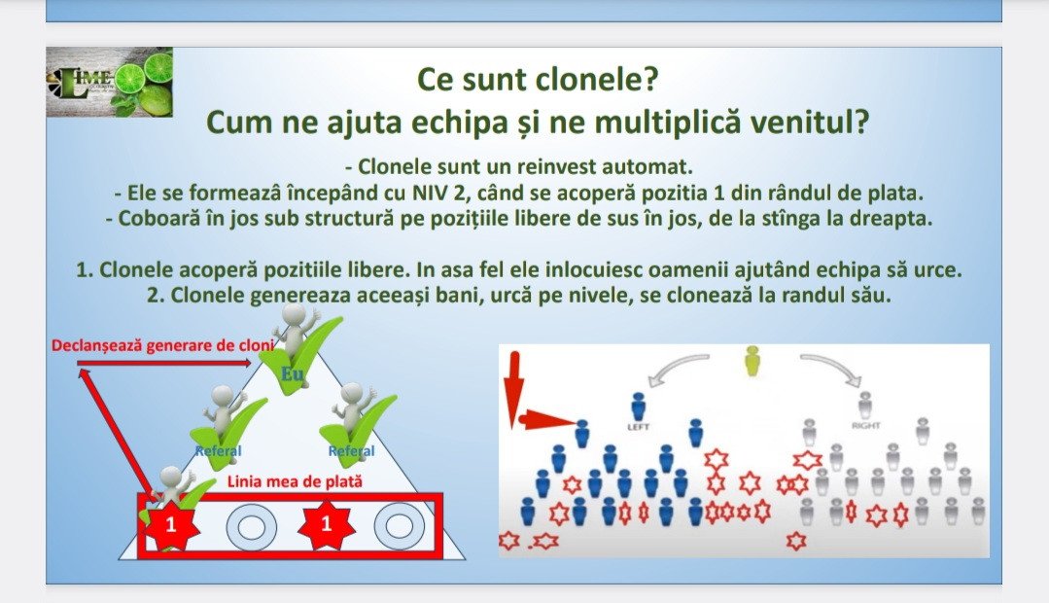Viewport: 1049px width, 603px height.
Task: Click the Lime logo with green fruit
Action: (x=110, y=83)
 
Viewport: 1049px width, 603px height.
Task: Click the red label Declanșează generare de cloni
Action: (x=162, y=345)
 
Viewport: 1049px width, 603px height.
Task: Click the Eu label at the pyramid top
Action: (x=293, y=373)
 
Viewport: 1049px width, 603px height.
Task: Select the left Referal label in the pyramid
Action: (x=218, y=450)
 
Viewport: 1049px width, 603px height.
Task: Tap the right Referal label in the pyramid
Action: (x=351, y=450)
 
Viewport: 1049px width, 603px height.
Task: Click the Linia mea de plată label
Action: (x=295, y=481)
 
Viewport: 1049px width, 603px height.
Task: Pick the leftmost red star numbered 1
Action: (x=170, y=524)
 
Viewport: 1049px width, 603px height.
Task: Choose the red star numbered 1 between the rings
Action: (x=327, y=524)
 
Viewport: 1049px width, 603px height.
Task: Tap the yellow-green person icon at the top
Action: (x=752, y=360)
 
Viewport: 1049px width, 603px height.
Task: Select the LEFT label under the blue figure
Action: (x=638, y=426)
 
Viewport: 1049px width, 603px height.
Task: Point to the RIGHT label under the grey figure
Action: (x=865, y=425)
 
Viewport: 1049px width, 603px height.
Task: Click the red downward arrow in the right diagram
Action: (x=513, y=388)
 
